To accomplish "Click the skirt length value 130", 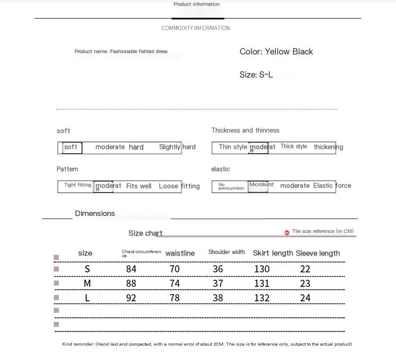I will point(262,269).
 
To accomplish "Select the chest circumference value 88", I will point(131,283).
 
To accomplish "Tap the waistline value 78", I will point(174,298).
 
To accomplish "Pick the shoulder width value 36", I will point(218,269).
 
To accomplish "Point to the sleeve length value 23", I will point(305,283).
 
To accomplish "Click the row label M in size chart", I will point(87,283).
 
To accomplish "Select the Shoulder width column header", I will point(227,252).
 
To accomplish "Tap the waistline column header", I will point(180,253).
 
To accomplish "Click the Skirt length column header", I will point(273,253).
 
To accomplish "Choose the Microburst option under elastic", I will point(261,185).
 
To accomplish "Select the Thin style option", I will point(233,147).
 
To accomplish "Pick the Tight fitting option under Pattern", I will point(78,185).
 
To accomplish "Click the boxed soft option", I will point(71,147).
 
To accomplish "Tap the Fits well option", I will point(139,186).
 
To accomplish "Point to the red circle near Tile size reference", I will point(287,232).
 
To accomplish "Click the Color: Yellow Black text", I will point(276,52).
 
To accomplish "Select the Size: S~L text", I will point(256,75).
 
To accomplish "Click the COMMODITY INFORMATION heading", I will point(196,28).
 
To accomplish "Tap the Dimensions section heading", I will point(95,213).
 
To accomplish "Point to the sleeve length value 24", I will point(305,298).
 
